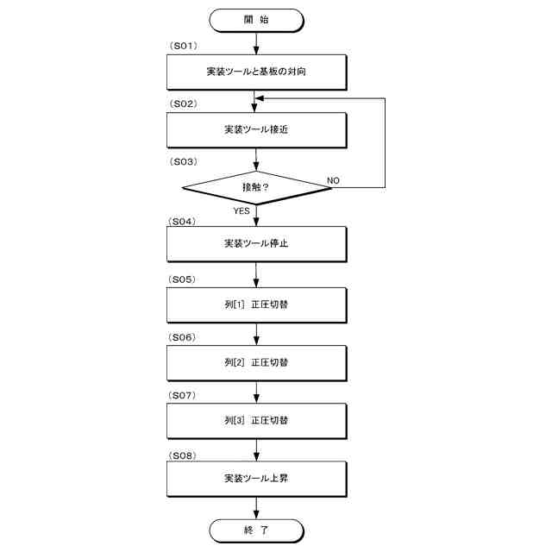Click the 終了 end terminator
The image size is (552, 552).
click(x=256, y=530)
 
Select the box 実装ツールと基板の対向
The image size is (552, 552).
click(x=256, y=72)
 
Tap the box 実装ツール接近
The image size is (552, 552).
click(x=256, y=130)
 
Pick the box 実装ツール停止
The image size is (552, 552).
click(x=256, y=244)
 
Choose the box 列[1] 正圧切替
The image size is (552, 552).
click(x=256, y=304)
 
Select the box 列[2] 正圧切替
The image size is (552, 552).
click(x=256, y=362)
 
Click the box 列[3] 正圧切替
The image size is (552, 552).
click(x=256, y=421)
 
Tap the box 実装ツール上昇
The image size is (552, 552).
click(x=256, y=478)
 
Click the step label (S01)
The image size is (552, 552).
click(x=185, y=45)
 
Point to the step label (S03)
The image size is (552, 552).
click(x=185, y=161)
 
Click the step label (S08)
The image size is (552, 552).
click(x=185, y=454)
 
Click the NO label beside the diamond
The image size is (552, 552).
click(x=334, y=180)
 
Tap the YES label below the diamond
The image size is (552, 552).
click(x=242, y=210)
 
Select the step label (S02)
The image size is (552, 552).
click(x=185, y=103)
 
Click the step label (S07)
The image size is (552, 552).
click(x=185, y=395)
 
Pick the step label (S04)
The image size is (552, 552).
click(x=185, y=221)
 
